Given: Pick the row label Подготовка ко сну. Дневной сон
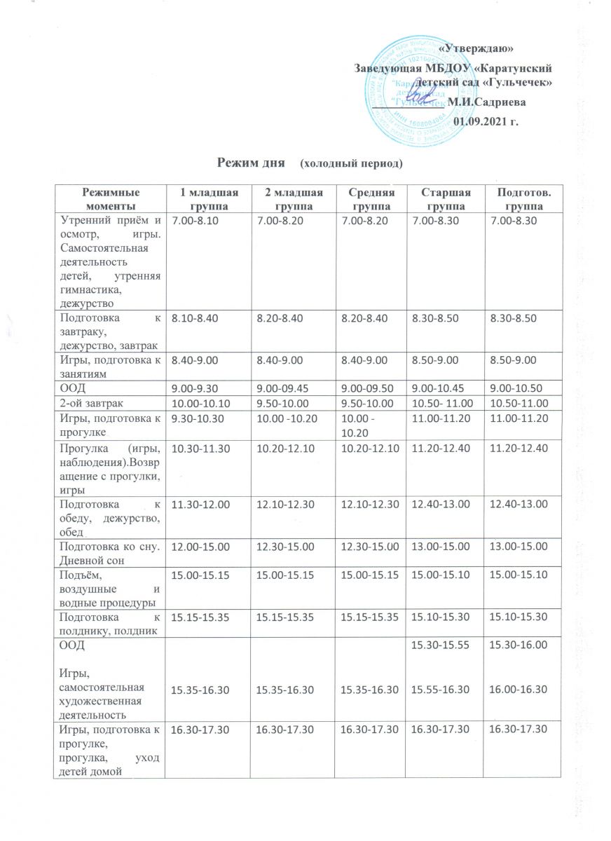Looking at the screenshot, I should point(109,551).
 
